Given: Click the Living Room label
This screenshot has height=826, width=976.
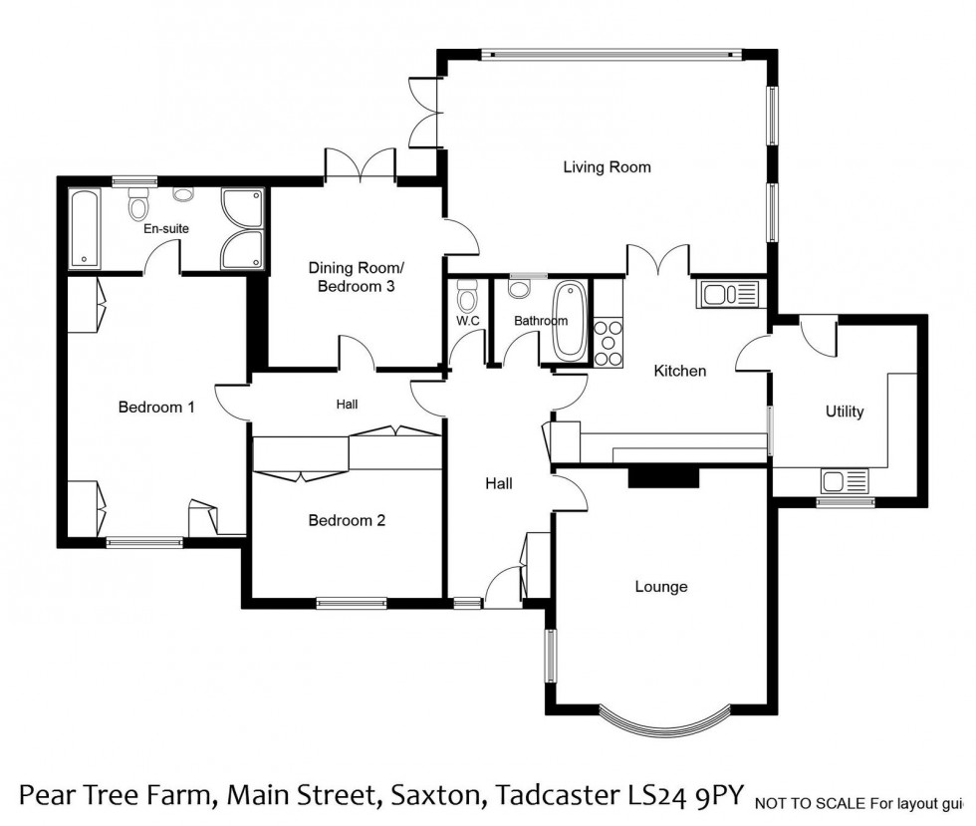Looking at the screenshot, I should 607,167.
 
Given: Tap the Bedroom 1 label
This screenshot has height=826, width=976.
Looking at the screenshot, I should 156,407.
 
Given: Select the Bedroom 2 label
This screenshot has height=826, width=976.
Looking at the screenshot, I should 346,520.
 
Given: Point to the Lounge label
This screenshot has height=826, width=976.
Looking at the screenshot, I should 661,587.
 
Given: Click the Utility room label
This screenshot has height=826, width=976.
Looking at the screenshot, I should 844,412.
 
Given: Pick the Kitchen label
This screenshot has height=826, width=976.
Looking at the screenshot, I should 679,371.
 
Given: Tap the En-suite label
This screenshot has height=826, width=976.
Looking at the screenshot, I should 166,228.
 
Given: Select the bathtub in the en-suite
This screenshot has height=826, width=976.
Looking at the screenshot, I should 83,228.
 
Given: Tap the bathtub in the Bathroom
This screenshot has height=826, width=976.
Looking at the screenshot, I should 570,321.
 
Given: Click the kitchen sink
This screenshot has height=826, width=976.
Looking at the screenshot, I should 730,293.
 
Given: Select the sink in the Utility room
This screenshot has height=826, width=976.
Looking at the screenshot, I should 846,483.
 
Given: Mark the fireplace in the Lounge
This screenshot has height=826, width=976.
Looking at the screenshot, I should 662,478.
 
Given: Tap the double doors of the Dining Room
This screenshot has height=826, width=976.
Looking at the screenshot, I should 362,166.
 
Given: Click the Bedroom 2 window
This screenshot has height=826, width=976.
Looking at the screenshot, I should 352,602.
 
